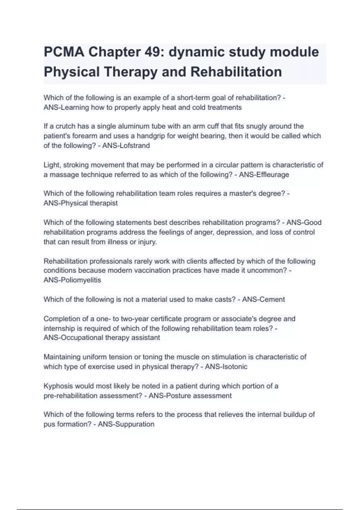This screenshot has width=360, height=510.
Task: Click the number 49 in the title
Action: click(x=154, y=52)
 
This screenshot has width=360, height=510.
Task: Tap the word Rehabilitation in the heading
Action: click(x=236, y=72)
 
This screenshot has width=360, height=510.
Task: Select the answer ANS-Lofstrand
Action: click(x=126, y=146)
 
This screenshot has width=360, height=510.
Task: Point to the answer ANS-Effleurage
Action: click(x=264, y=175)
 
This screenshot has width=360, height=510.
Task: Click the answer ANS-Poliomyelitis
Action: click(x=72, y=280)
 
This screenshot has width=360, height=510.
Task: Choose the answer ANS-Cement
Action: click(x=263, y=299)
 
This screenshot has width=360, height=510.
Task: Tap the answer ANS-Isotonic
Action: click(x=226, y=367)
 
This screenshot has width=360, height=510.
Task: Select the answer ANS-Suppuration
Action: click(x=126, y=424)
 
